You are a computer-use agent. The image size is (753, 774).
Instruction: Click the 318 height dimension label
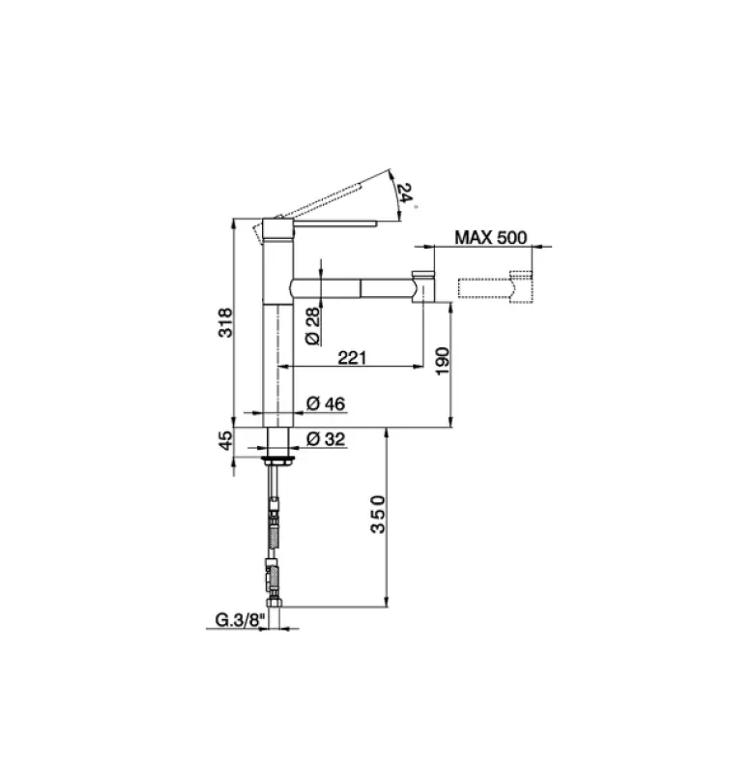[x=224, y=321]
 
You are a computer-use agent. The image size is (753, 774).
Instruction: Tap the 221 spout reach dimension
[x=351, y=358]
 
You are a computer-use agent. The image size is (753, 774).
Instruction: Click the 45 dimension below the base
[x=224, y=442]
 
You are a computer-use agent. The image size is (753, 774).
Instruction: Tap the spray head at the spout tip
[x=423, y=286]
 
